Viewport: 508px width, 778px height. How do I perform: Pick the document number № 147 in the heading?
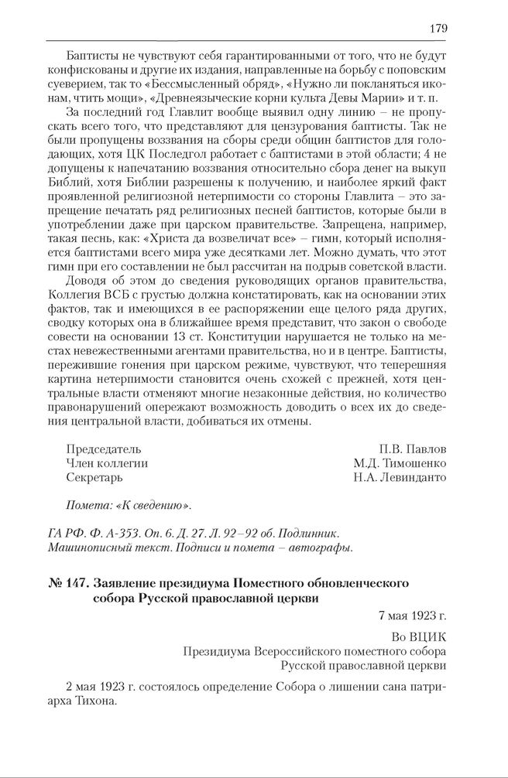(x=65, y=582)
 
